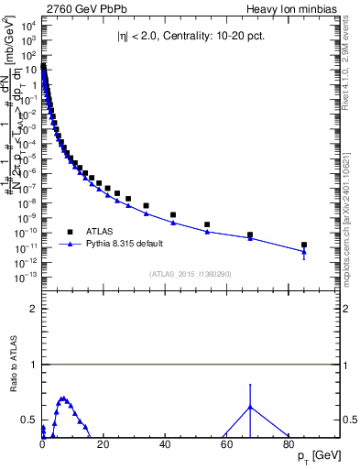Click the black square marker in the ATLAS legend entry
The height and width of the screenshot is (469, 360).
tap(69, 232)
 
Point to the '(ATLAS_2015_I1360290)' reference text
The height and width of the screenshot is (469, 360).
tap(191, 274)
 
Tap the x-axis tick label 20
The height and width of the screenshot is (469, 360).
tap(104, 445)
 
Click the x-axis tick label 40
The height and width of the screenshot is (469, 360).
tap(165, 445)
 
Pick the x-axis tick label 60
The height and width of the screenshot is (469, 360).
tap(226, 445)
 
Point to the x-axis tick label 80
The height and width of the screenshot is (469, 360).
tap(288, 445)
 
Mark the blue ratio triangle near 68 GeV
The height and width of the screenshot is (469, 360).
tap(250, 407)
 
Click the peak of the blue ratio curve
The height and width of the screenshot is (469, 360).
tap(62, 398)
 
